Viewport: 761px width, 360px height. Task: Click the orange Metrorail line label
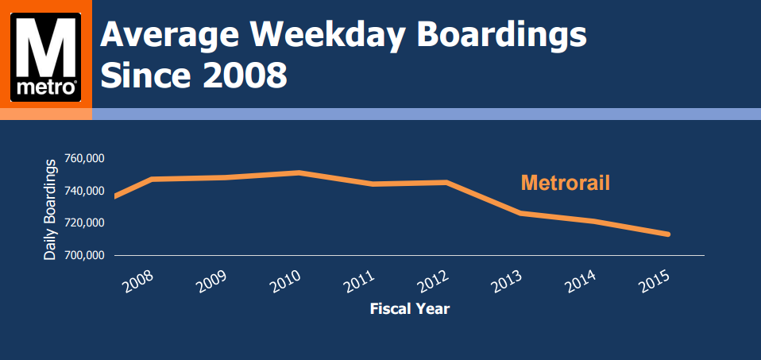tap(565, 183)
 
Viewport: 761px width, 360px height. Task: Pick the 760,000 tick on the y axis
tap(83, 159)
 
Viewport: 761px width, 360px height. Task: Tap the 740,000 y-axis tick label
tap(83, 191)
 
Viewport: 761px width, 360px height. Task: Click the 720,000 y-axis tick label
tap(83, 223)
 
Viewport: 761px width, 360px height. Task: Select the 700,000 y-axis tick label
tap(83, 255)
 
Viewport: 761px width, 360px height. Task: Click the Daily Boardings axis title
tap(50, 209)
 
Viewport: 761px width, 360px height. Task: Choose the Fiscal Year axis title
tap(409, 309)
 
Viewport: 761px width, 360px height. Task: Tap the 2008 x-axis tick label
tap(138, 281)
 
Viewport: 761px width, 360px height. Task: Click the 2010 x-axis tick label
tap(284, 281)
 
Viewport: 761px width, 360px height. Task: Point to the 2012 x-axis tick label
tap(430, 281)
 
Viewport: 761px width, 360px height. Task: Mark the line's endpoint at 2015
tap(668, 234)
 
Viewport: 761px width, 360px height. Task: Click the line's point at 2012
tap(446, 182)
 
